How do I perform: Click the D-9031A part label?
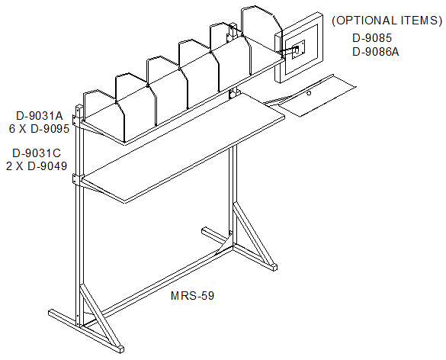(x=39, y=116)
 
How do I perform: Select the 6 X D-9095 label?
(x=39, y=129)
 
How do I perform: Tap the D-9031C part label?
(x=37, y=153)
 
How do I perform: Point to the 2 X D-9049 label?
(x=37, y=166)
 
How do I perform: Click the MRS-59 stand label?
(x=192, y=296)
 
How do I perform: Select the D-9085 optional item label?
(x=372, y=38)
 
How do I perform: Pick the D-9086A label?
(x=375, y=52)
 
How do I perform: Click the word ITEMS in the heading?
(x=422, y=21)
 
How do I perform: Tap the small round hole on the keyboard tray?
(x=309, y=93)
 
